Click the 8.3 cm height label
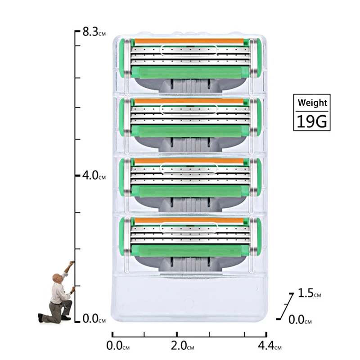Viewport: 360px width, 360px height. (94, 32)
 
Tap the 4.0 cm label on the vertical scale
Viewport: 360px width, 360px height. (94, 175)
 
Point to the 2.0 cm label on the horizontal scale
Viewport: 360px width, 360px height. (182, 346)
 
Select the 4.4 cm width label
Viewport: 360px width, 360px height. (270, 346)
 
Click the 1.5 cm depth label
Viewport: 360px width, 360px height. (309, 293)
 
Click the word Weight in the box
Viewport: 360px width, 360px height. (312, 103)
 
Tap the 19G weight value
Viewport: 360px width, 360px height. (312, 121)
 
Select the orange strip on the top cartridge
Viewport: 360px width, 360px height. (189, 41)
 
